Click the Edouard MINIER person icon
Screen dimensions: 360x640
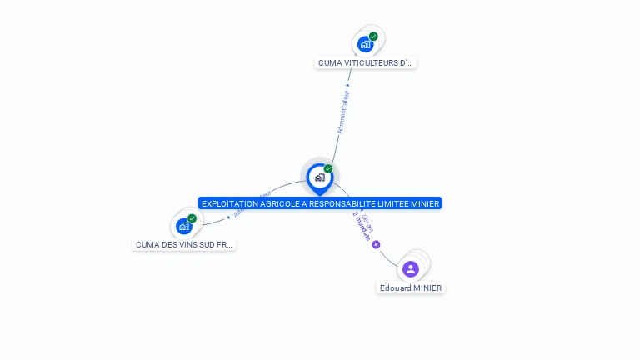tap(410, 268)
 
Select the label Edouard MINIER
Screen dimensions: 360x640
tap(411, 288)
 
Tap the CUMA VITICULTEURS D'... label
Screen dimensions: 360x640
tap(366, 62)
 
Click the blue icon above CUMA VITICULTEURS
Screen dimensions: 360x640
tap(365, 44)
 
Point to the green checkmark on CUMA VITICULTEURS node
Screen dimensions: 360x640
tap(373, 37)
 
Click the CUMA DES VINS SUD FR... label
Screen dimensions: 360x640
tap(184, 245)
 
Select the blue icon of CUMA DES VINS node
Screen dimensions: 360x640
tap(183, 226)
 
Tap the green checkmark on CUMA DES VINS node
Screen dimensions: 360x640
tap(192, 218)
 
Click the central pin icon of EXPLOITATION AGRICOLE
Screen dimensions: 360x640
tap(319, 177)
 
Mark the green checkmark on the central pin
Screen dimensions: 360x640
tap(328, 169)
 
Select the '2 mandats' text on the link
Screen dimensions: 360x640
tap(361, 226)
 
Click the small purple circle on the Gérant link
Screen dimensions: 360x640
tap(376, 244)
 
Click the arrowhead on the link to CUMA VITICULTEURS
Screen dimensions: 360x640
tap(348, 84)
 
